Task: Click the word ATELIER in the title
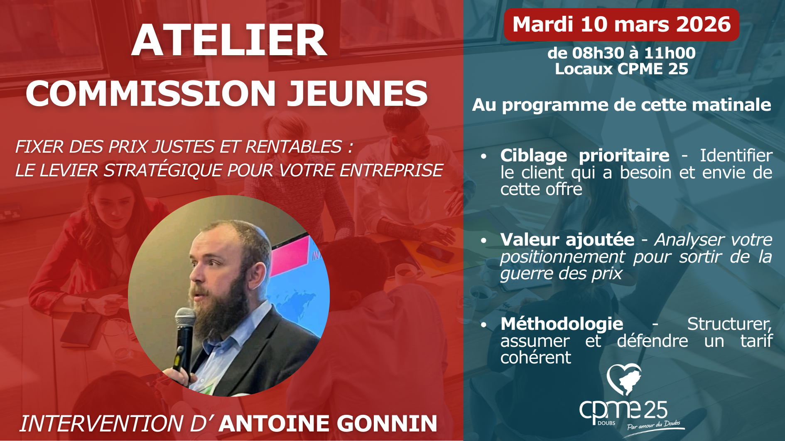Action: [229, 40]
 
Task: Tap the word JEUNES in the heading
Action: [357, 93]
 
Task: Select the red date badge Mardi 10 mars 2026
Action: [621, 24]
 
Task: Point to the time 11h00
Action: [670, 53]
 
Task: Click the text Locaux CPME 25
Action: [621, 69]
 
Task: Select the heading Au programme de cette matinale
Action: [621, 105]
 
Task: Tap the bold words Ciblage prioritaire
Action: [585, 156]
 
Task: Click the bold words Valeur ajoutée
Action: [567, 240]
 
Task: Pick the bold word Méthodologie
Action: [562, 324]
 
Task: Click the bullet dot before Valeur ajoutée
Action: [483, 241]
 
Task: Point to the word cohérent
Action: [536, 358]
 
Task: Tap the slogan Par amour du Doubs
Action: [654, 425]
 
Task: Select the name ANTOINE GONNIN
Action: [328, 424]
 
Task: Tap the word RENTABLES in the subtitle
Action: [293, 147]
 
